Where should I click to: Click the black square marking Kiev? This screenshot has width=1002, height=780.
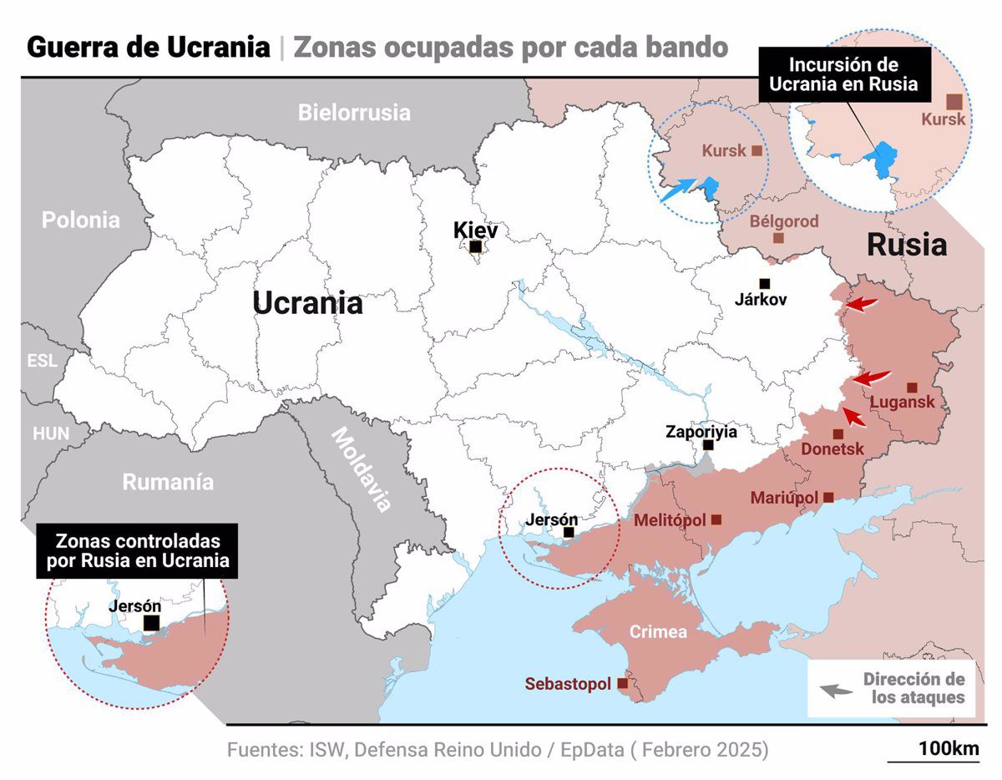click(475, 246)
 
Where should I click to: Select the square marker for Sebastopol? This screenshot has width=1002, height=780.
click(622, 683)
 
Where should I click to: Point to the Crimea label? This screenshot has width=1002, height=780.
click(658, 631)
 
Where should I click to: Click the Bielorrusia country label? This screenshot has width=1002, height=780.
click(354, 112)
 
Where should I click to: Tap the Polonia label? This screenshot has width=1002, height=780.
click(81, 220)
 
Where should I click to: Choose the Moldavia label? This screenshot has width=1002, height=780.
click(362, 469)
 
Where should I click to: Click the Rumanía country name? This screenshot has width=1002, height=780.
click(168, 482)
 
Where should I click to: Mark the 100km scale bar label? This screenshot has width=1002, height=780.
click(948, 748)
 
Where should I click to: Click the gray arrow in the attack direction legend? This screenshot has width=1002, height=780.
click(835, 691)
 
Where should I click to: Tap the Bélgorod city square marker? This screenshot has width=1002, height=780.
click(778, 238)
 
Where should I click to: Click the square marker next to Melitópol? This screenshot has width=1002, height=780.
click(716, 519)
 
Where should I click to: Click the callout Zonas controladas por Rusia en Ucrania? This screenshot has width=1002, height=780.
click(138, 550)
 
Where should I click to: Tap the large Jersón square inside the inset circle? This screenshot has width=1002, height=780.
click(151, 623)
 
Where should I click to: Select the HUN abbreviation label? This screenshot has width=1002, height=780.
click(50, 433)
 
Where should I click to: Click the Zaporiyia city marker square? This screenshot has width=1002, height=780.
click(708, 445)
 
